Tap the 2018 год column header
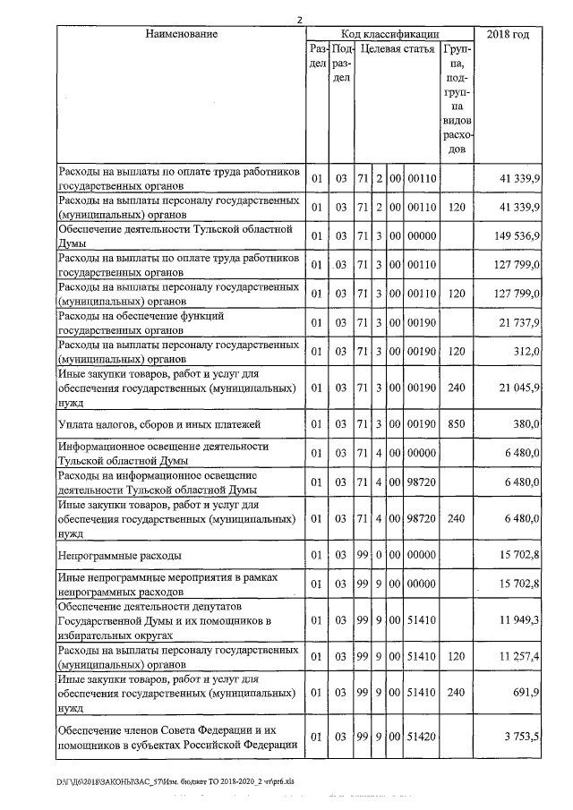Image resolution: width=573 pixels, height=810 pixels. click(508, 34)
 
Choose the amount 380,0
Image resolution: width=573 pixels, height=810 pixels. click(527, 423)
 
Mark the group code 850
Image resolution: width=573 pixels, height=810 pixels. click(458, 423)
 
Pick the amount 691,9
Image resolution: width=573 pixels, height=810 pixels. click(527, 692)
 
